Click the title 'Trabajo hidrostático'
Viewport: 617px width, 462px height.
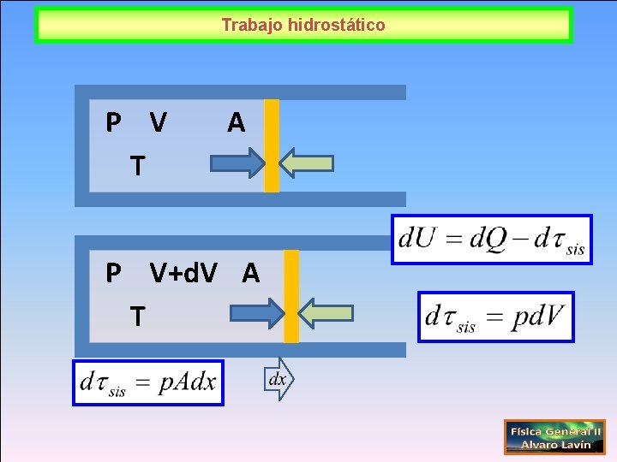coord(303,25)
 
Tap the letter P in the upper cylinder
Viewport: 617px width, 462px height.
coord(112,123)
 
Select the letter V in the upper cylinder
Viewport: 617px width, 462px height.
coord(158,123)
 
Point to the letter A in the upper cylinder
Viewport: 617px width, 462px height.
coord(236,124)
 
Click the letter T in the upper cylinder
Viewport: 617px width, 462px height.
coord(136,164)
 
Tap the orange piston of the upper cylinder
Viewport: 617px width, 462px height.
coord(272,145)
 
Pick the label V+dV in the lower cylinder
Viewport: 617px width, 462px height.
coord(183,273)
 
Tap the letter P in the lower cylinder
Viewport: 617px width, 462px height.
coord(112,273)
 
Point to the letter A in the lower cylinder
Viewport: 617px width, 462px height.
coord(250,273)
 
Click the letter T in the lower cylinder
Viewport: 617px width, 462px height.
coord(137,317)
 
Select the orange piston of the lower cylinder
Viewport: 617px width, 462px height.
coord(291,296)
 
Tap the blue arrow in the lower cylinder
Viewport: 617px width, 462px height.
coord(256,313)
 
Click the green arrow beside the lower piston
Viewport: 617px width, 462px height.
coord(327,313)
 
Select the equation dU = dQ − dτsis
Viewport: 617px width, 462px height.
coord(492,239)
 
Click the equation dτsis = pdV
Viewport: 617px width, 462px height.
coord(495,317)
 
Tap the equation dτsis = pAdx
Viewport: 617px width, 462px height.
coord(148,382)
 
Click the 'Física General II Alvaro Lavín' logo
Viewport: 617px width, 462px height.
coord(554,436)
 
